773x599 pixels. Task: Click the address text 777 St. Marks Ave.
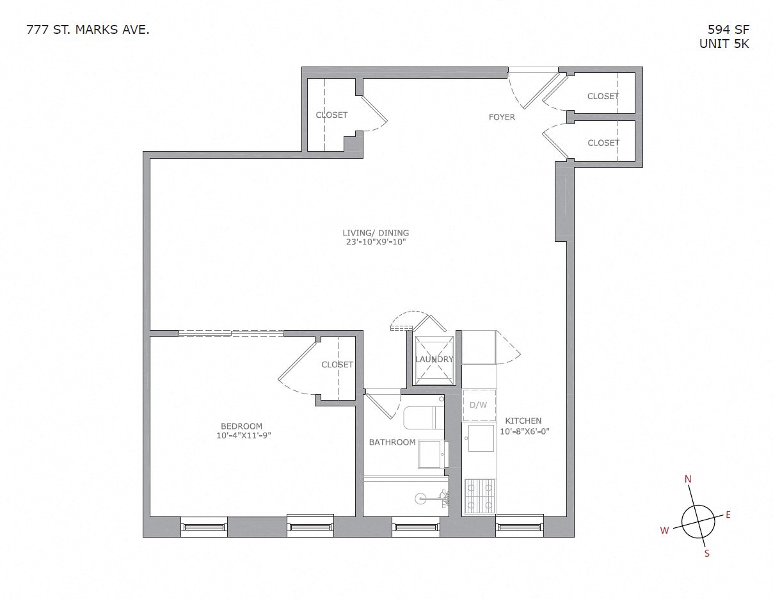88,29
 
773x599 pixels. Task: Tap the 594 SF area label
728,29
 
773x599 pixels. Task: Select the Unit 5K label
724,44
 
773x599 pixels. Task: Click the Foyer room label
502,117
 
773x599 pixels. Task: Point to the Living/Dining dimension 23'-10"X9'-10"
375,243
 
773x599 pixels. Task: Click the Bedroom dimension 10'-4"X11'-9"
241,436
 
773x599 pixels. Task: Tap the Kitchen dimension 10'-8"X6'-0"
524,431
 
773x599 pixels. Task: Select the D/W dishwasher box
479,405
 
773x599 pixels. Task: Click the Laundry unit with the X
434,360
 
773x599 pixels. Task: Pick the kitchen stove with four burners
479,496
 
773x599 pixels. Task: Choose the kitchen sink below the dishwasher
479,439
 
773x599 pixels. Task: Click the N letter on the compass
689,479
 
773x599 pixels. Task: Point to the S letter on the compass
707,554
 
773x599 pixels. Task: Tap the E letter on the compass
728,515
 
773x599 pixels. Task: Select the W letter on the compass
665,530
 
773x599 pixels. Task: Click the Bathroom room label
392,442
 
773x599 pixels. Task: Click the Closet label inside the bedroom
337,365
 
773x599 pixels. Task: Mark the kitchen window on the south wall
519,527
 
